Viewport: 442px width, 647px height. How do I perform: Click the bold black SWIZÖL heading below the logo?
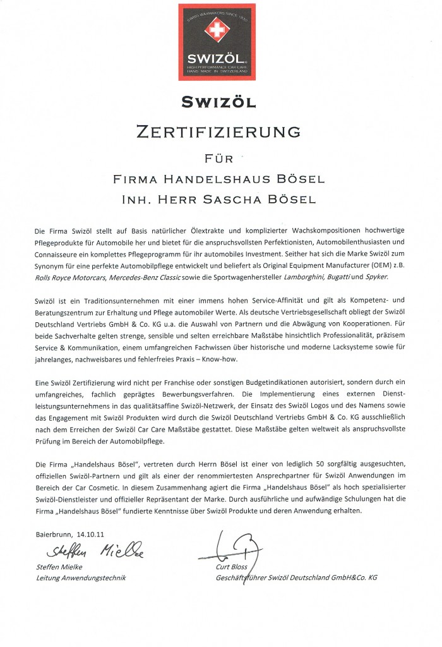(217, 101)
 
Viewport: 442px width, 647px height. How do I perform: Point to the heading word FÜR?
(217, 156)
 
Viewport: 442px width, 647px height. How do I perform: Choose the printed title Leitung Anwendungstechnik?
(81, 577)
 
